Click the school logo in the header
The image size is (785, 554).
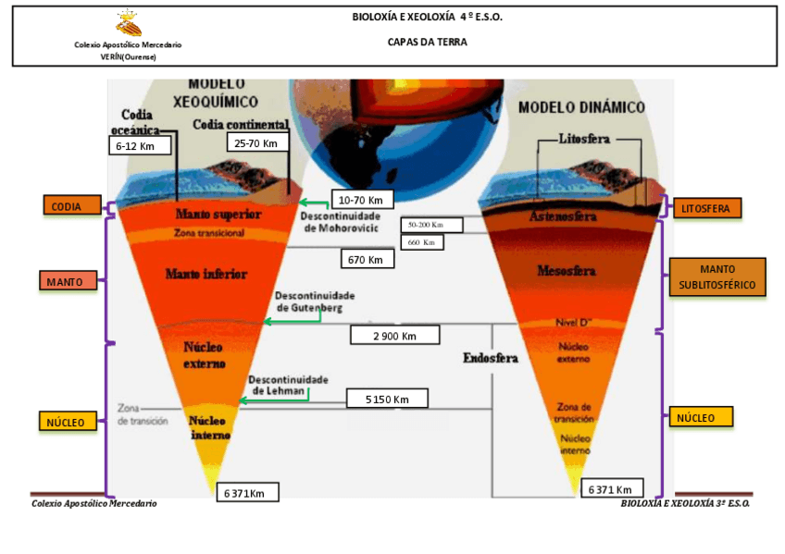click(x=129, y=24)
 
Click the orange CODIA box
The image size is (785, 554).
click(x=70, y=206)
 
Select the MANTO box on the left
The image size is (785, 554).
click(x=69, y=280)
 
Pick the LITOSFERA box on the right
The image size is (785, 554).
click(x=706, y=208)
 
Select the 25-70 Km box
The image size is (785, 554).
click(x=256, y=142)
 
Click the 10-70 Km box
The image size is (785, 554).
click(x=362, y=200)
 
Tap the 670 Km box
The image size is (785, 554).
click(x=367, y=259)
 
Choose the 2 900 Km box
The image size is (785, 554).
click(x=394, y=335)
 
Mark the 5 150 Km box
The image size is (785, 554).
click(x=387, y=399)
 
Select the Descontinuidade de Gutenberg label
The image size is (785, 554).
click(x=315, y=302)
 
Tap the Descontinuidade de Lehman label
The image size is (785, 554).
click(x=288, y=385)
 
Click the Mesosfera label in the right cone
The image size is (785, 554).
click(x=566, y=271)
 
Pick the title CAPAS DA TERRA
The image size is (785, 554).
click(x=427, y=42)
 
